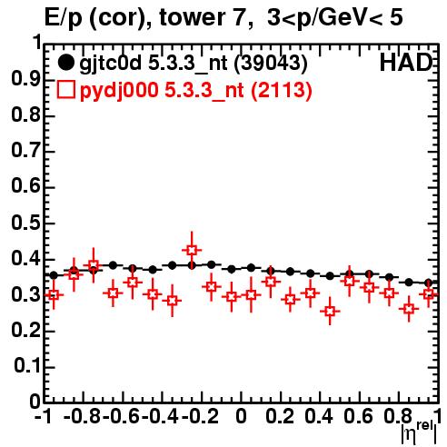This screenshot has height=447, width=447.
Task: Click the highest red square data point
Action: pos(192,251)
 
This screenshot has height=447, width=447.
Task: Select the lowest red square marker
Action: pos(330,311)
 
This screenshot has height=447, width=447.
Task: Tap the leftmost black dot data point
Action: pos(54,275)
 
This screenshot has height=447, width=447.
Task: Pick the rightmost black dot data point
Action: pos(428,283)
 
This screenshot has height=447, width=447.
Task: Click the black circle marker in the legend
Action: pos(65,63)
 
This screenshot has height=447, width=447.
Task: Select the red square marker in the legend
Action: pos(65,90)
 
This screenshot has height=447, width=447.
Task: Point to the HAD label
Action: pos(406,63)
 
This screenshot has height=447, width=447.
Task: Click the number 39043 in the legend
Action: pos(272,63)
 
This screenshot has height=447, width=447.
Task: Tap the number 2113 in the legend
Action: pos(282,90)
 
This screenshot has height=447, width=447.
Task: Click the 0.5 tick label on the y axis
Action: pos(25,223)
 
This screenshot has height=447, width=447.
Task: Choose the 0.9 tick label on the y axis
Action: pos(25,79)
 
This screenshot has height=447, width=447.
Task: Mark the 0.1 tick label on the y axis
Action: pos(27,366)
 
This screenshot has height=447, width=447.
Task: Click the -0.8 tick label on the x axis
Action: pos(83,417)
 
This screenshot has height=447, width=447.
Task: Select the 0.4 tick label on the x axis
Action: pos(319,417)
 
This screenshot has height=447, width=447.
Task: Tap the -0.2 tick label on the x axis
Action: pos(200,417)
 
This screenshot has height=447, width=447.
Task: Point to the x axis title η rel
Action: pos(419,433)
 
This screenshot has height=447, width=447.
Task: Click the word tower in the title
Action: pos(193,17)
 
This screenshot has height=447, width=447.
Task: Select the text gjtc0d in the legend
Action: pos(110,64)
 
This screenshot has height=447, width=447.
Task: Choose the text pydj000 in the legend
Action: pos(119,91)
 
